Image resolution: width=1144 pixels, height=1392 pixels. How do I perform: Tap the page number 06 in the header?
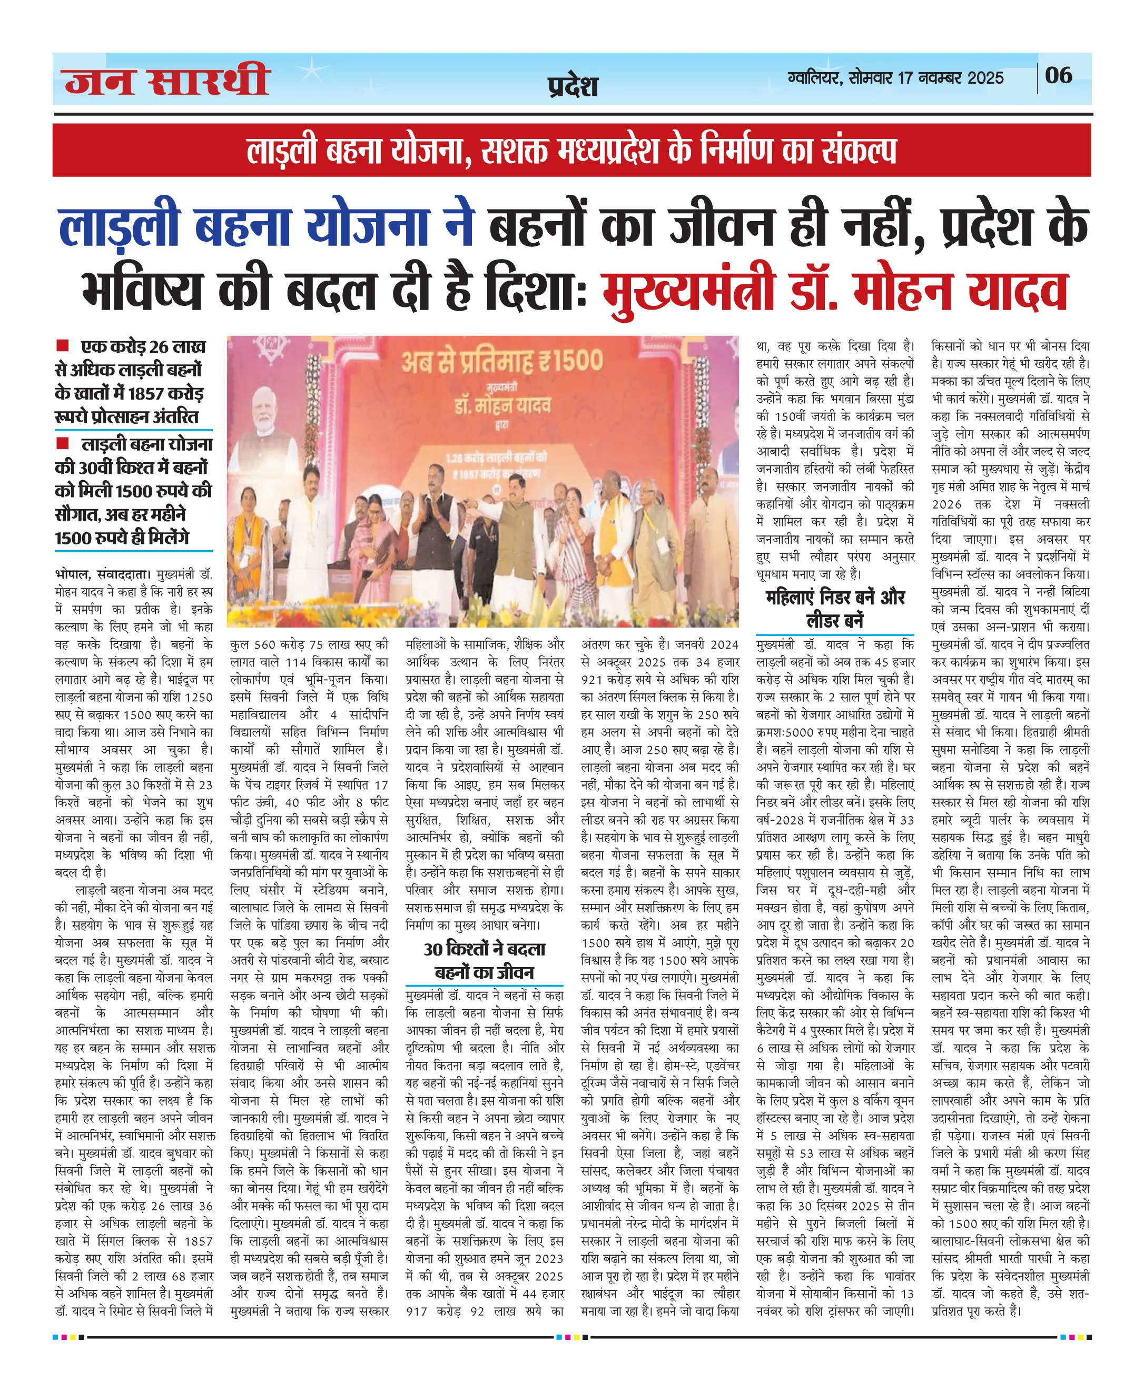(1058, 76)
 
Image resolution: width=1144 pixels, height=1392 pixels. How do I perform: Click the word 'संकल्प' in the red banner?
(860, 151)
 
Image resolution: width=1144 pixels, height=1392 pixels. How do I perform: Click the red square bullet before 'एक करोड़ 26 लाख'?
(63, 345)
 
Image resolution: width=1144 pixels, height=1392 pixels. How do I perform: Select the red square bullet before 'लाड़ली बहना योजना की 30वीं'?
(63, 443)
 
